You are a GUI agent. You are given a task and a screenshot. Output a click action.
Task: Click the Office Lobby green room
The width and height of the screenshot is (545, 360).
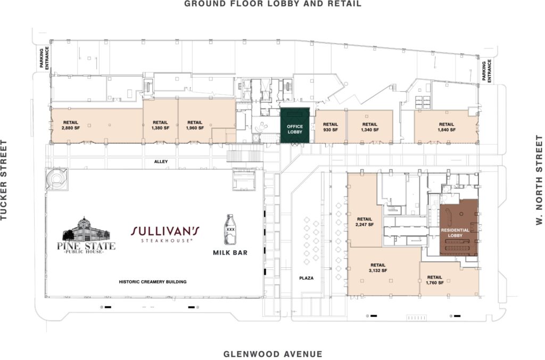(x=295, y=125)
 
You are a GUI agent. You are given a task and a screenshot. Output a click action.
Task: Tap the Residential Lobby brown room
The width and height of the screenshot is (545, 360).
(x=459, y=228)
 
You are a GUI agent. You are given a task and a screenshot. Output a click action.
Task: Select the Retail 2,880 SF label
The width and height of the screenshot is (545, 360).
(x=71, y=125)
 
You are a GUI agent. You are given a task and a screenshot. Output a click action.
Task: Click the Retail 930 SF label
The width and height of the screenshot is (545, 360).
(x=330, y=127)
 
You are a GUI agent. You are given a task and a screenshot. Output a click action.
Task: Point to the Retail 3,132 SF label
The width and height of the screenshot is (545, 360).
(x=378, y=268)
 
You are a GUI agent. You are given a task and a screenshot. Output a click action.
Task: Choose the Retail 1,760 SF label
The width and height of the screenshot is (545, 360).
(x=434, y=280)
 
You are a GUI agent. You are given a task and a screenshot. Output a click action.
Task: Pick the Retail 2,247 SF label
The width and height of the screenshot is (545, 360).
(x=364, y=222)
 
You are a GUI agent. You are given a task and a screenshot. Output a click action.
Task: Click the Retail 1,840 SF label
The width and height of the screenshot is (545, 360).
(x=447, y=127)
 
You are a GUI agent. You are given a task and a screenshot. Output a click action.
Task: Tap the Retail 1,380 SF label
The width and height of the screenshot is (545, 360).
(x=160, y=125)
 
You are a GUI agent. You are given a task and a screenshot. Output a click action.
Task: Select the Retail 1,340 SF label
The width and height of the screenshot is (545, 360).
(x=369, y=127)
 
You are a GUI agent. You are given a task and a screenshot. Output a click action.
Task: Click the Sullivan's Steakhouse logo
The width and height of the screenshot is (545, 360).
(x=165, y=234)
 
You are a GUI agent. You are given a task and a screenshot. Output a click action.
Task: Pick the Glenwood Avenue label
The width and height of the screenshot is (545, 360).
(x=272, y=354)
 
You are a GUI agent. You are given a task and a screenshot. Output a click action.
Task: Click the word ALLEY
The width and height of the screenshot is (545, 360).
(x=161, y=161)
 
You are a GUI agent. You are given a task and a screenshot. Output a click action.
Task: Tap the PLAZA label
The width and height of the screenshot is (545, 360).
(x=306, y=278)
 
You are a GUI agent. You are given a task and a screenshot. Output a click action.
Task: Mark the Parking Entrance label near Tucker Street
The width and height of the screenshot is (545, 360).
(x=44, y=58)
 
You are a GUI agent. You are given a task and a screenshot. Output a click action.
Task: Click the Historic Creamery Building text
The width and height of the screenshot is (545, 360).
(x=153, y=282)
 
